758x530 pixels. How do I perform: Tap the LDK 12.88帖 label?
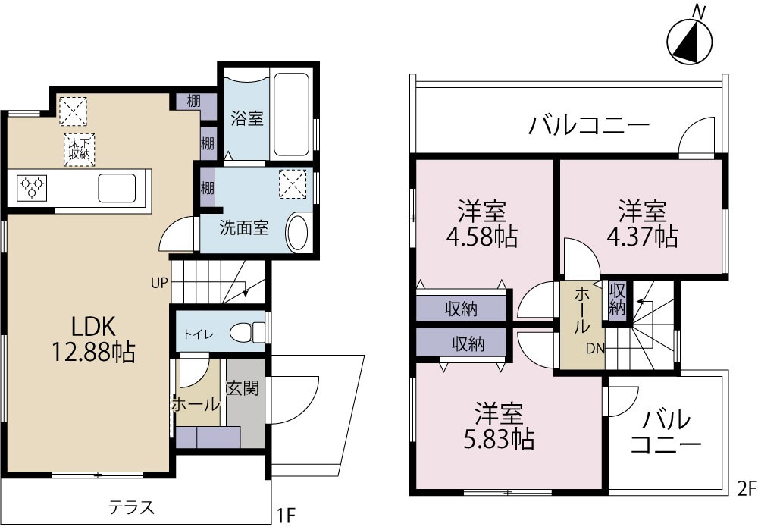tap(93, 338)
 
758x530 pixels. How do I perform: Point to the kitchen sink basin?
tap(117, 186)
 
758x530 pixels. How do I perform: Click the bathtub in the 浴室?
tap(292, 114)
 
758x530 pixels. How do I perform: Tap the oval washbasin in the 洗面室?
tap(297, 233)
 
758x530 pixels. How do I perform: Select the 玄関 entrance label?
tap(243, 387)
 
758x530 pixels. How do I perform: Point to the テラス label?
tap(131, 506)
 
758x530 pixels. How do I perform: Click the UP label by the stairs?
tap(158, 284)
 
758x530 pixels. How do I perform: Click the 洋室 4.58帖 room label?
tap(482, 224)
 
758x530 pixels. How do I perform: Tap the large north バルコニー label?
tap(589, 124)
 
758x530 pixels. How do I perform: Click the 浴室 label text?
tap(246, 118)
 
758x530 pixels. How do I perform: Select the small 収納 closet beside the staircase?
tap(618, 299)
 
